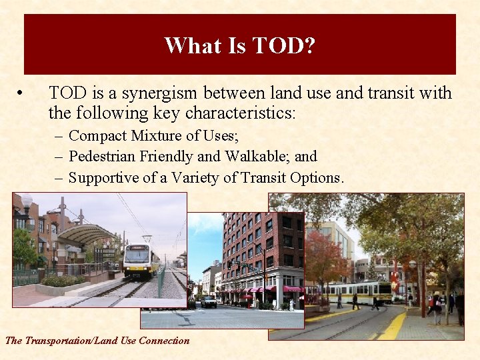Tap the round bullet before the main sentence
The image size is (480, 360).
coord(22,93)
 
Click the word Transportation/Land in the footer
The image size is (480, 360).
coord(71,341)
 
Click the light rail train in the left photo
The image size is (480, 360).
coord(141,261)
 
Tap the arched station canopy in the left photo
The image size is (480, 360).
coord(83,234)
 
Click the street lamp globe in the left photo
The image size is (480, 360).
coord(27,201)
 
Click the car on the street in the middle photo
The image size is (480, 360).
coord(209,302)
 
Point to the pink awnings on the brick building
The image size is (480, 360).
coord(263,290)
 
